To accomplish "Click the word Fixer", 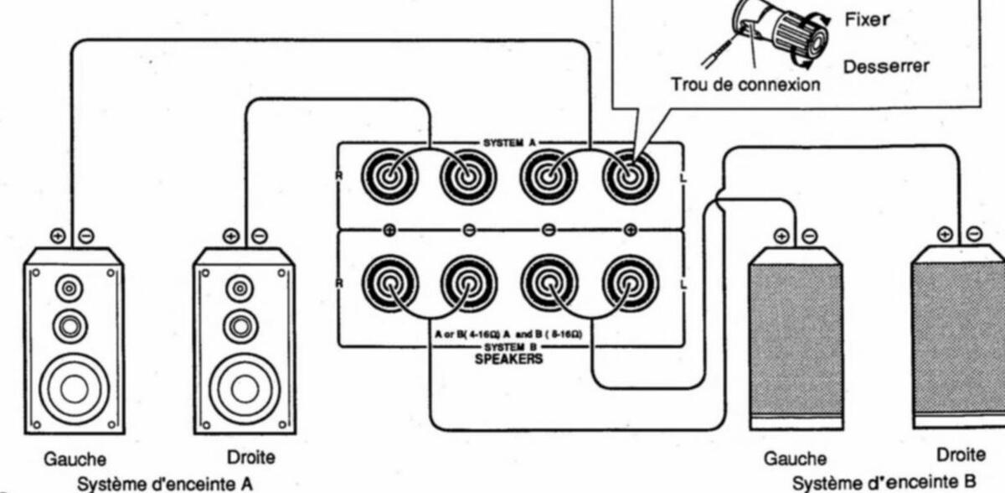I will point(866,19).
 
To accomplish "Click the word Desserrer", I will point(885,66).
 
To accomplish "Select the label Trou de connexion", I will point(745,85).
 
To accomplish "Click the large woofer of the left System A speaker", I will point(74,387).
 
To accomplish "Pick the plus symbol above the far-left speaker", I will point(57,236).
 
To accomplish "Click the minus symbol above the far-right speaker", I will point(974,233).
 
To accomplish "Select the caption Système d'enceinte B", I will point(884,482).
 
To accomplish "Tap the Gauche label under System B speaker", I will point(795,459).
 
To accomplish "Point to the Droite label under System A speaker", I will point(250,458).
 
